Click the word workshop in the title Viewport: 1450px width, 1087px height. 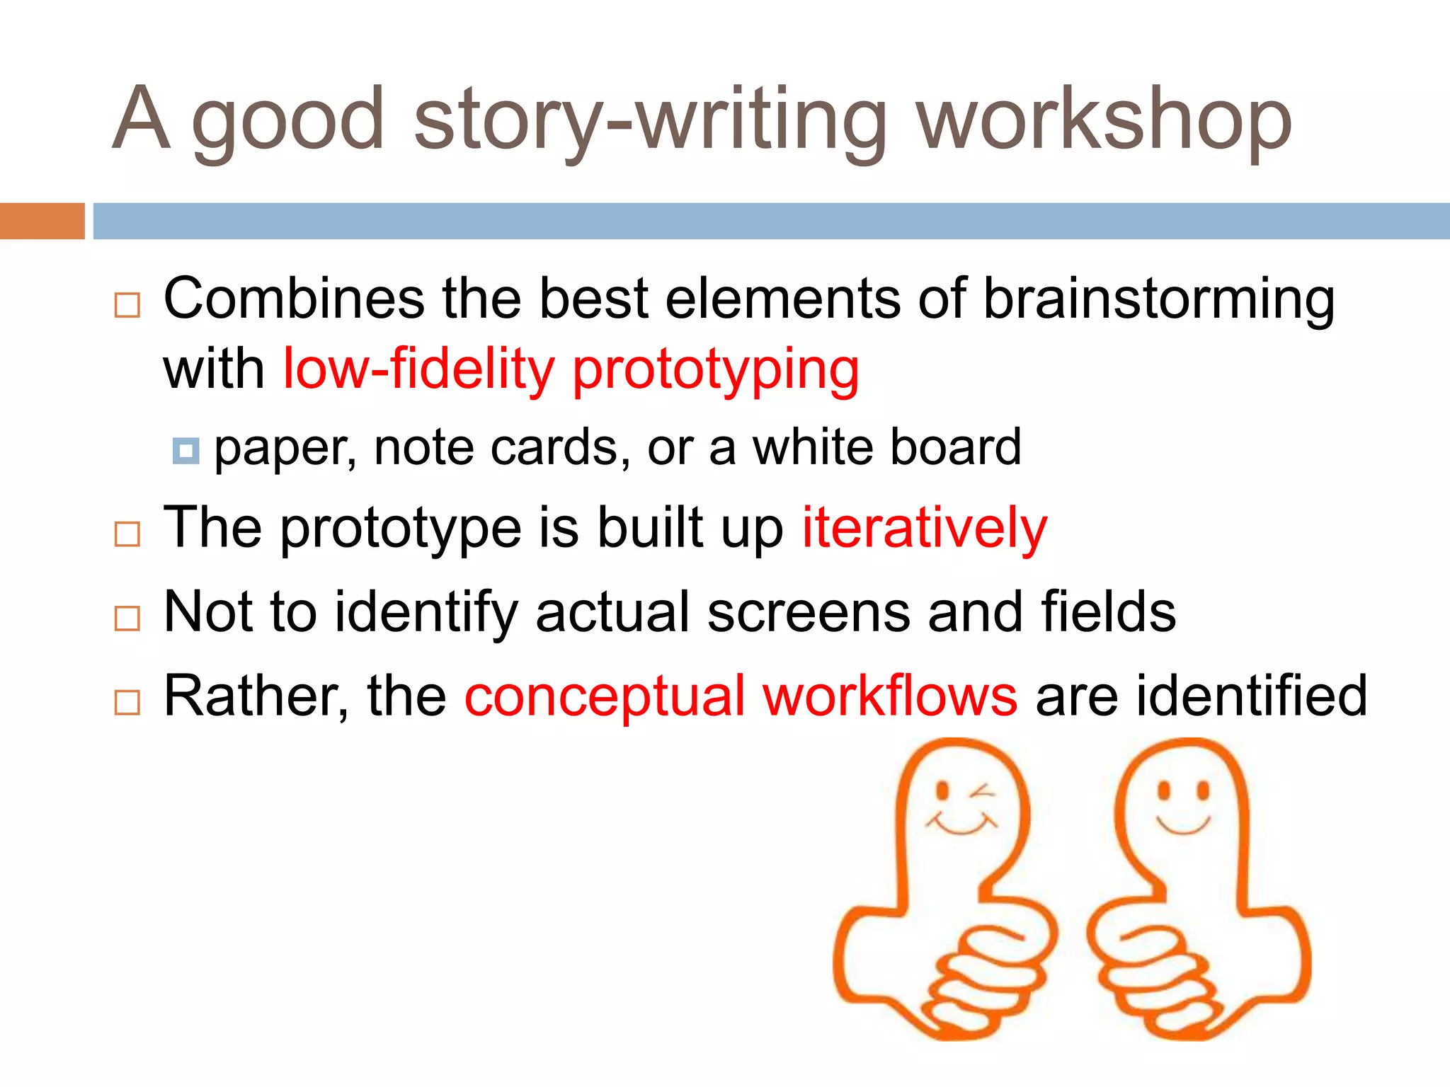(x=1104, y=120)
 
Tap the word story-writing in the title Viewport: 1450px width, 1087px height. (x=650, y=120)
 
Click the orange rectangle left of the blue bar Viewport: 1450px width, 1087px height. (x=42, y=221)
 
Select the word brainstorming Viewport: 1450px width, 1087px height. (x=1159, y=299)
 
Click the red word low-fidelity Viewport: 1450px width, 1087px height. (x=418, y=369)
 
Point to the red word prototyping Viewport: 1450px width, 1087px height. (x=716, y=369)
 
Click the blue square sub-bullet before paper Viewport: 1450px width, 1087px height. (x=185, y=450)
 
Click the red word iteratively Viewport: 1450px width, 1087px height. (x=924, y=528)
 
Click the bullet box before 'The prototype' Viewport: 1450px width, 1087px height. (x=127, y=534)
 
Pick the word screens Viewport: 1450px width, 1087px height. (x=809, y=612)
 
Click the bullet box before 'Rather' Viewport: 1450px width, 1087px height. (x=127, y=703)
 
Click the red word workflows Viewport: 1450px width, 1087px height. (x=890, y=697)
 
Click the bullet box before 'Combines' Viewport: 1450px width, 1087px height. (x=127, y=306)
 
